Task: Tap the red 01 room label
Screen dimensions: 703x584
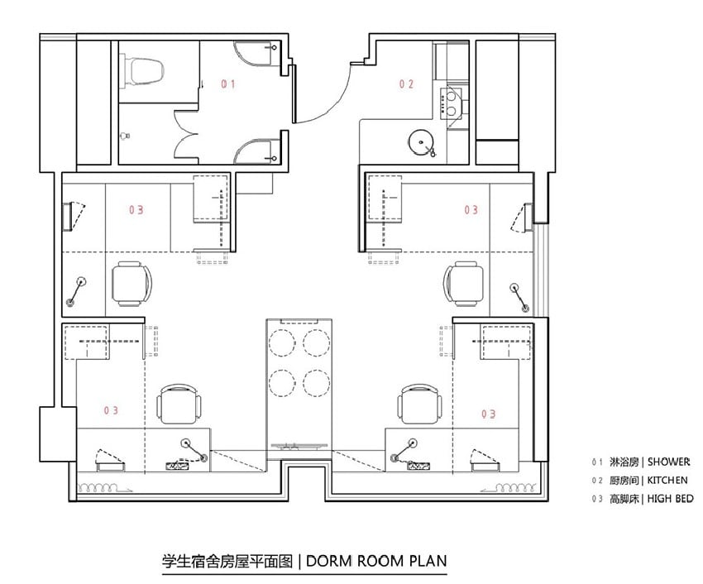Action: tap(227, 84)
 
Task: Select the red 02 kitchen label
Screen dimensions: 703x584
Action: tap(406, 84)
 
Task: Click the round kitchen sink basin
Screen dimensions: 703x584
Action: tap(421, 142)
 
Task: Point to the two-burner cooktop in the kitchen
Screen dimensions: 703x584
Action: tap(451, 103)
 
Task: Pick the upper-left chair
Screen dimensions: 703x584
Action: tap(131, 284)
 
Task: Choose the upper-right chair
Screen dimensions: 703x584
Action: tap(464, 284)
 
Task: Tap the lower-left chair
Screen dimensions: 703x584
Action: tap(179, 404)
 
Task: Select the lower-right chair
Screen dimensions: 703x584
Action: tap(419, 404)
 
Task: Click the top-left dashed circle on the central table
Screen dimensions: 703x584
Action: tap(283, 343)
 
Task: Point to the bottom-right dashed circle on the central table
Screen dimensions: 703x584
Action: tap(317, 384)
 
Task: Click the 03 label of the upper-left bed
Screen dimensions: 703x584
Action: tap(136, 210)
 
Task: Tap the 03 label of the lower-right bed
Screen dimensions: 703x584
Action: tap(488, 414)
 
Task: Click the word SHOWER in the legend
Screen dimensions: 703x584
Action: tap(668, 462)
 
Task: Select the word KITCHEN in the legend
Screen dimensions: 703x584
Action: tap(667, 481)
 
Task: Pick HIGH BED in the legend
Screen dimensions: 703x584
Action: tap(670, 499)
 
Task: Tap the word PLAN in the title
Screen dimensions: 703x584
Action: tap(428, 561)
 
